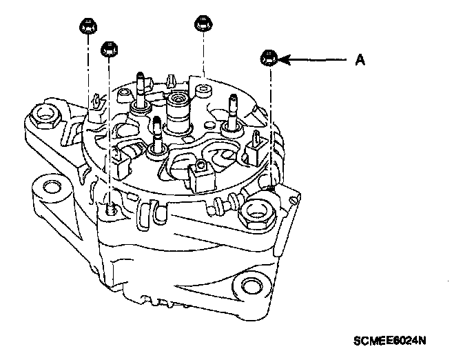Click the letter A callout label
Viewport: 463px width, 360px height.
(x=359, y=61)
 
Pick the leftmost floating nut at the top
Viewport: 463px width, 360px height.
(x=87, y=28)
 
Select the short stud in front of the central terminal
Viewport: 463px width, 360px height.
(x=158, y=132)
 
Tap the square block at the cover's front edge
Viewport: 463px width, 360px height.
(x=204, y=179)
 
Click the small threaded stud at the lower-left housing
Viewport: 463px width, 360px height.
(x=111, y=205)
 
